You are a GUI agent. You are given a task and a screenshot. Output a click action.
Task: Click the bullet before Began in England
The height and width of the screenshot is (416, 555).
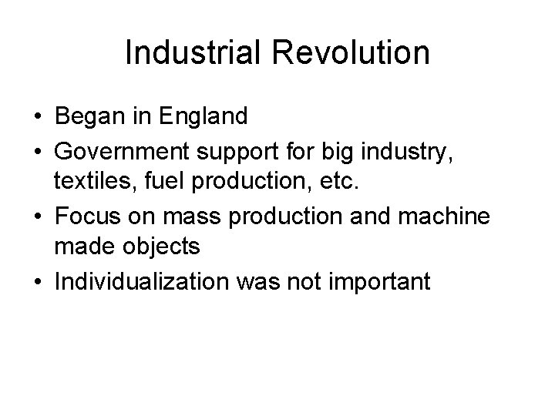38,118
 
